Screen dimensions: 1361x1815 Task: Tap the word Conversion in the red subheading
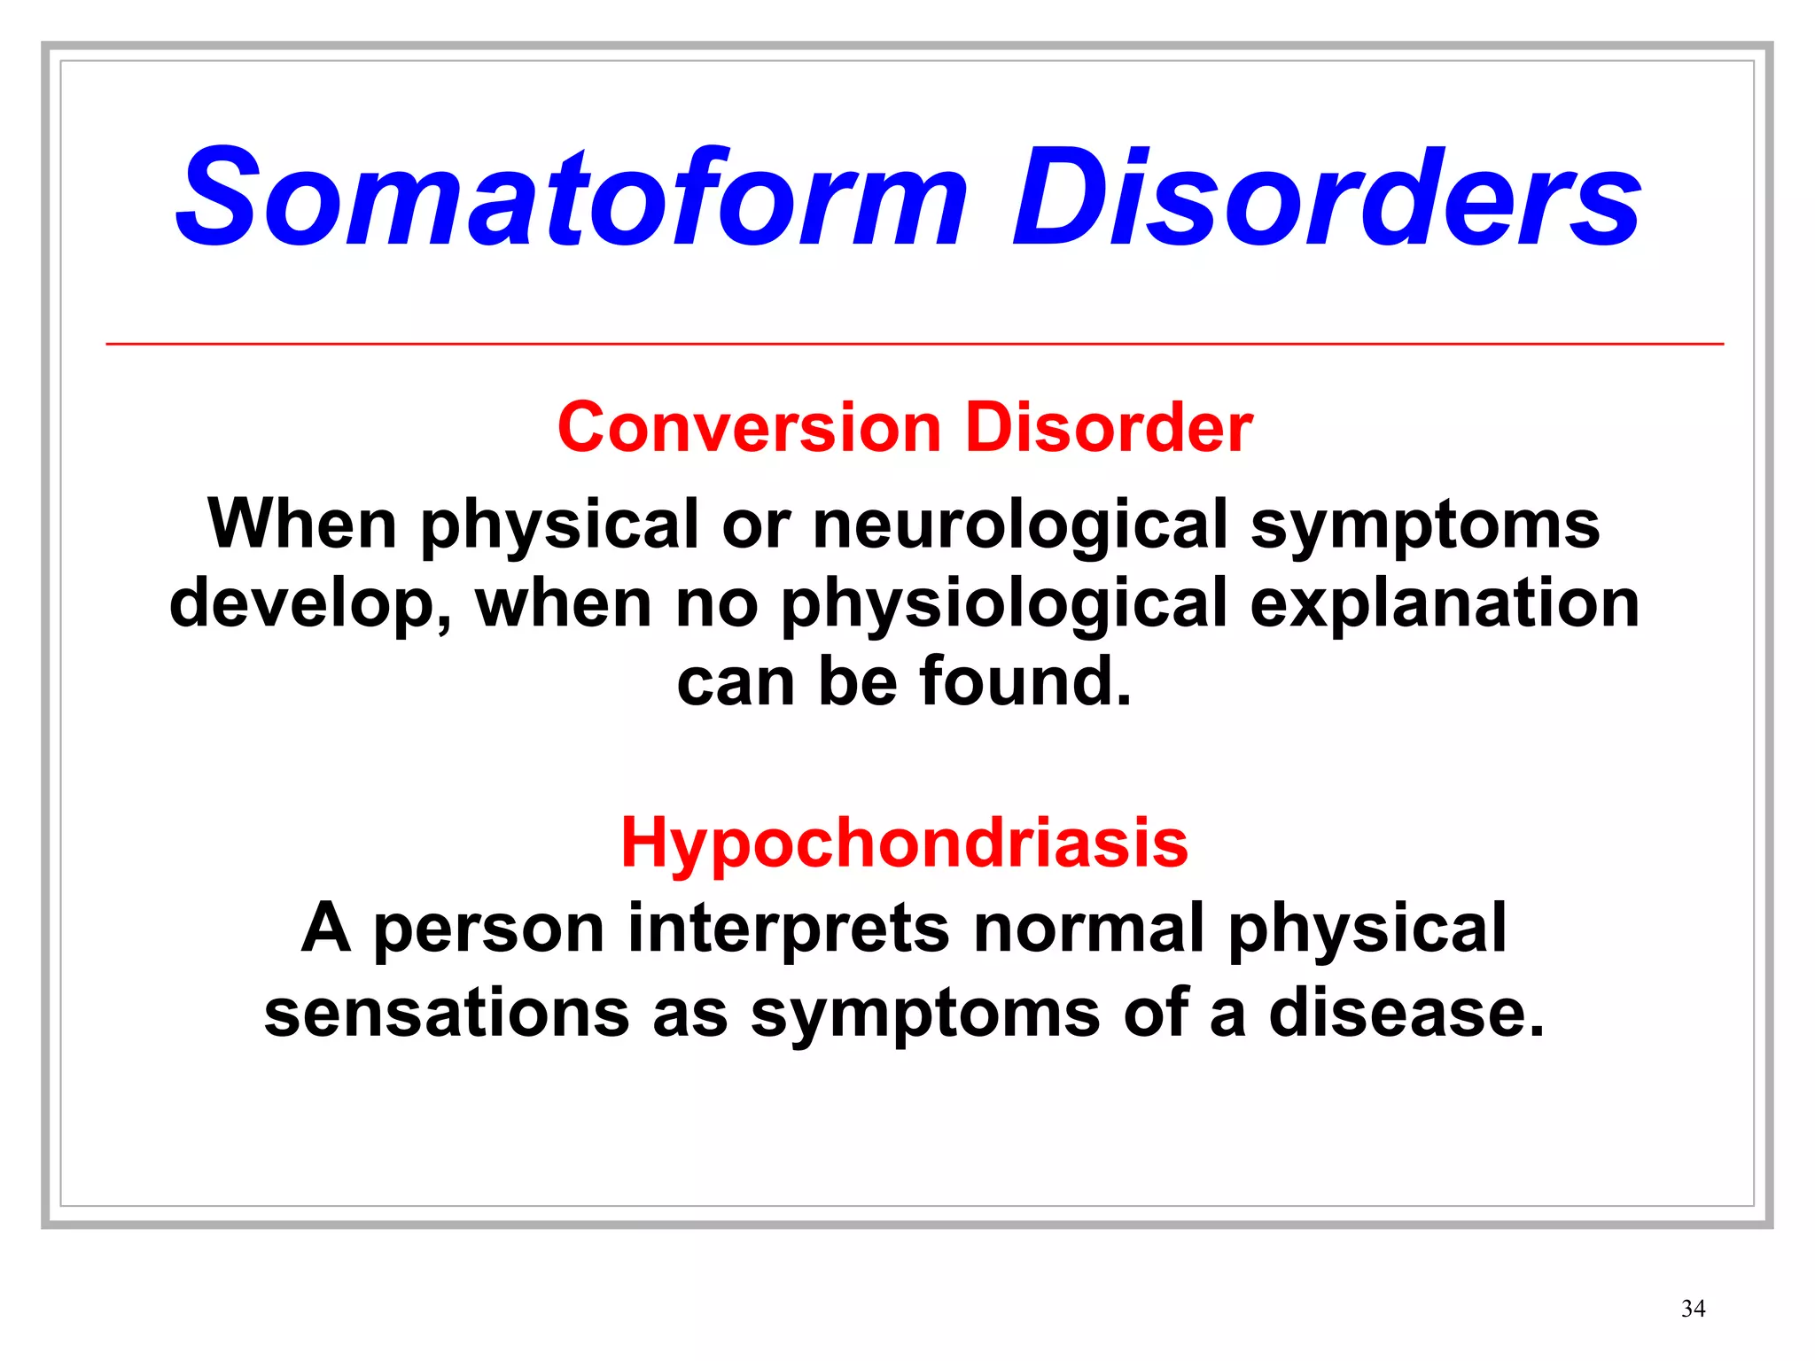(x=749, y=428)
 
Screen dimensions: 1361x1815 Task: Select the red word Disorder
(x=1109, y=428)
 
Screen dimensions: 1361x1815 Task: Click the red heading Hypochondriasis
(x=904, y=843)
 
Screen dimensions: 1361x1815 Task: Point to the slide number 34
(x=1693, y=1309)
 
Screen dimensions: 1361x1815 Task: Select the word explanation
(x=1444, y=603)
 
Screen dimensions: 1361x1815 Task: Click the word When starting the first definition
(x=302, y=525)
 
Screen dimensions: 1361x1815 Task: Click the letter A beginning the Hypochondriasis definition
(x=325, y=928)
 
